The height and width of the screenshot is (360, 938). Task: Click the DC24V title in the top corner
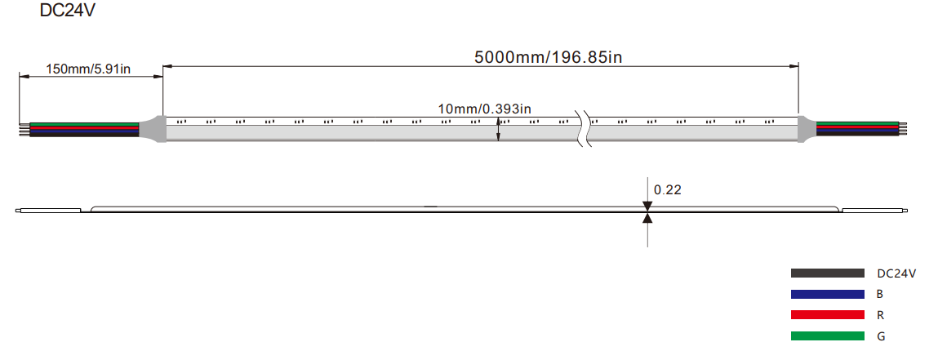pos(67,10)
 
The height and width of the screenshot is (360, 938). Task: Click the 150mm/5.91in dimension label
pos(88,69)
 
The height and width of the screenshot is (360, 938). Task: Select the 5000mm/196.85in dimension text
pos(549,57)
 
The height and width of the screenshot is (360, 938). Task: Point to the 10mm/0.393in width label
pos(485,109)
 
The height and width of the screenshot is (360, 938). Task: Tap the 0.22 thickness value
pos(668,190)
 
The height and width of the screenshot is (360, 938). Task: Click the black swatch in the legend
pos(827,273)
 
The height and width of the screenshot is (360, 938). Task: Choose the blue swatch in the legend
pos(827,294)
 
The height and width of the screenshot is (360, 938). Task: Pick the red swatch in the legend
pos(827,314)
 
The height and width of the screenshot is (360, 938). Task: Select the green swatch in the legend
pos(827,336)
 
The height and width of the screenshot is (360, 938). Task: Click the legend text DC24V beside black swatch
pos(896,274)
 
